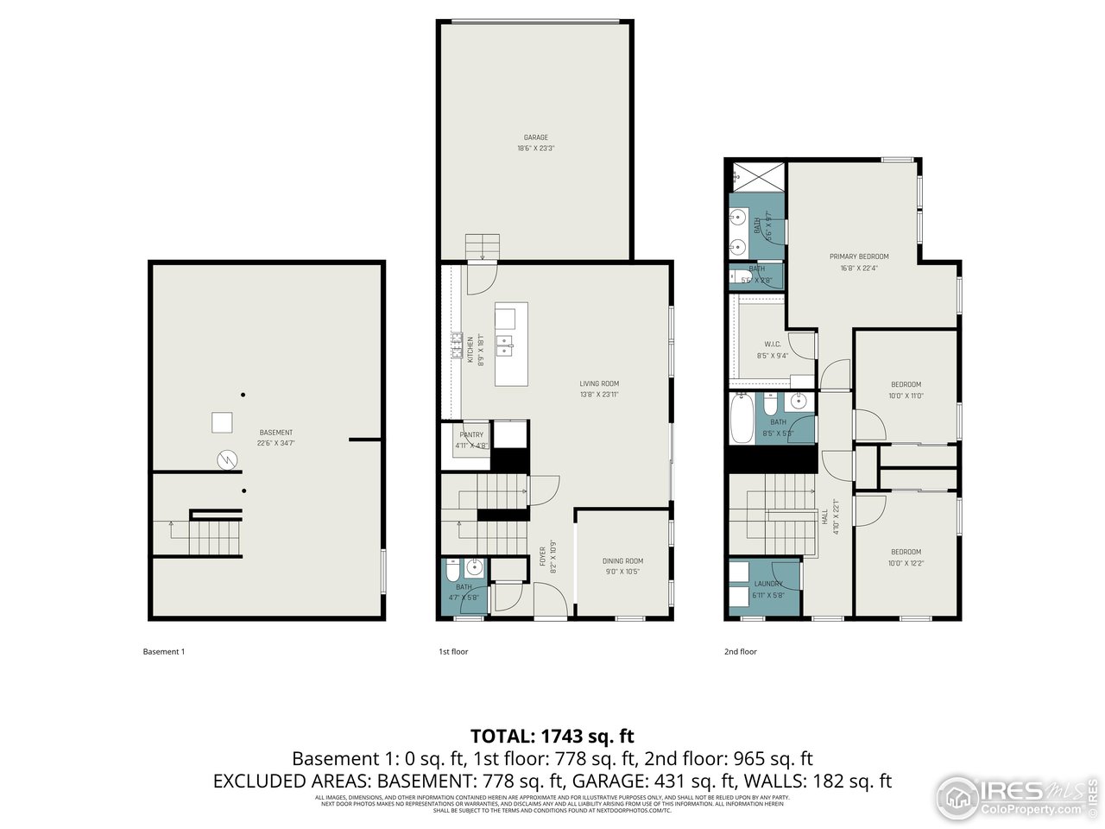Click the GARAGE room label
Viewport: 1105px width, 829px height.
(x=535, y=138)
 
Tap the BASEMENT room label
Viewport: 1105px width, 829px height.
(x=275, y=433)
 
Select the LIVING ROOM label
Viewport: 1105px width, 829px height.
(x=599, y=384)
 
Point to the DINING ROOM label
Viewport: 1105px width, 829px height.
(x=622, y=561)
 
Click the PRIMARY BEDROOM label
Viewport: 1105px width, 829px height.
(x=859, y=256)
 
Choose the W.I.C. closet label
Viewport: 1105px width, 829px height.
(x=772, y=345)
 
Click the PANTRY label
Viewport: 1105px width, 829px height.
(x=471, y=435)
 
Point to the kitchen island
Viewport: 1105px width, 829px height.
(x=511, y=344)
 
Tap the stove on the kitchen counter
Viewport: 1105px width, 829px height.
(x=455, y=345)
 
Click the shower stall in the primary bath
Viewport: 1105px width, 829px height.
(x=756, y=177)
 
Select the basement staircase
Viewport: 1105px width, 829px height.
(x=207, y=535)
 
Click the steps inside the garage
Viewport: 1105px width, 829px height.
(x=483, y=246)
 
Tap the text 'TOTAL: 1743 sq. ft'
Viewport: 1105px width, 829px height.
(x=552, y=736)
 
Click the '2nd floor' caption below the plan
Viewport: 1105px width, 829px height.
(x=740, y=651)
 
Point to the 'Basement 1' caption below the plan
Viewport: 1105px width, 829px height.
(x=163, y=651)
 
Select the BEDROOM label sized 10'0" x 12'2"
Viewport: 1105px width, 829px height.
(x=906, y=552)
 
